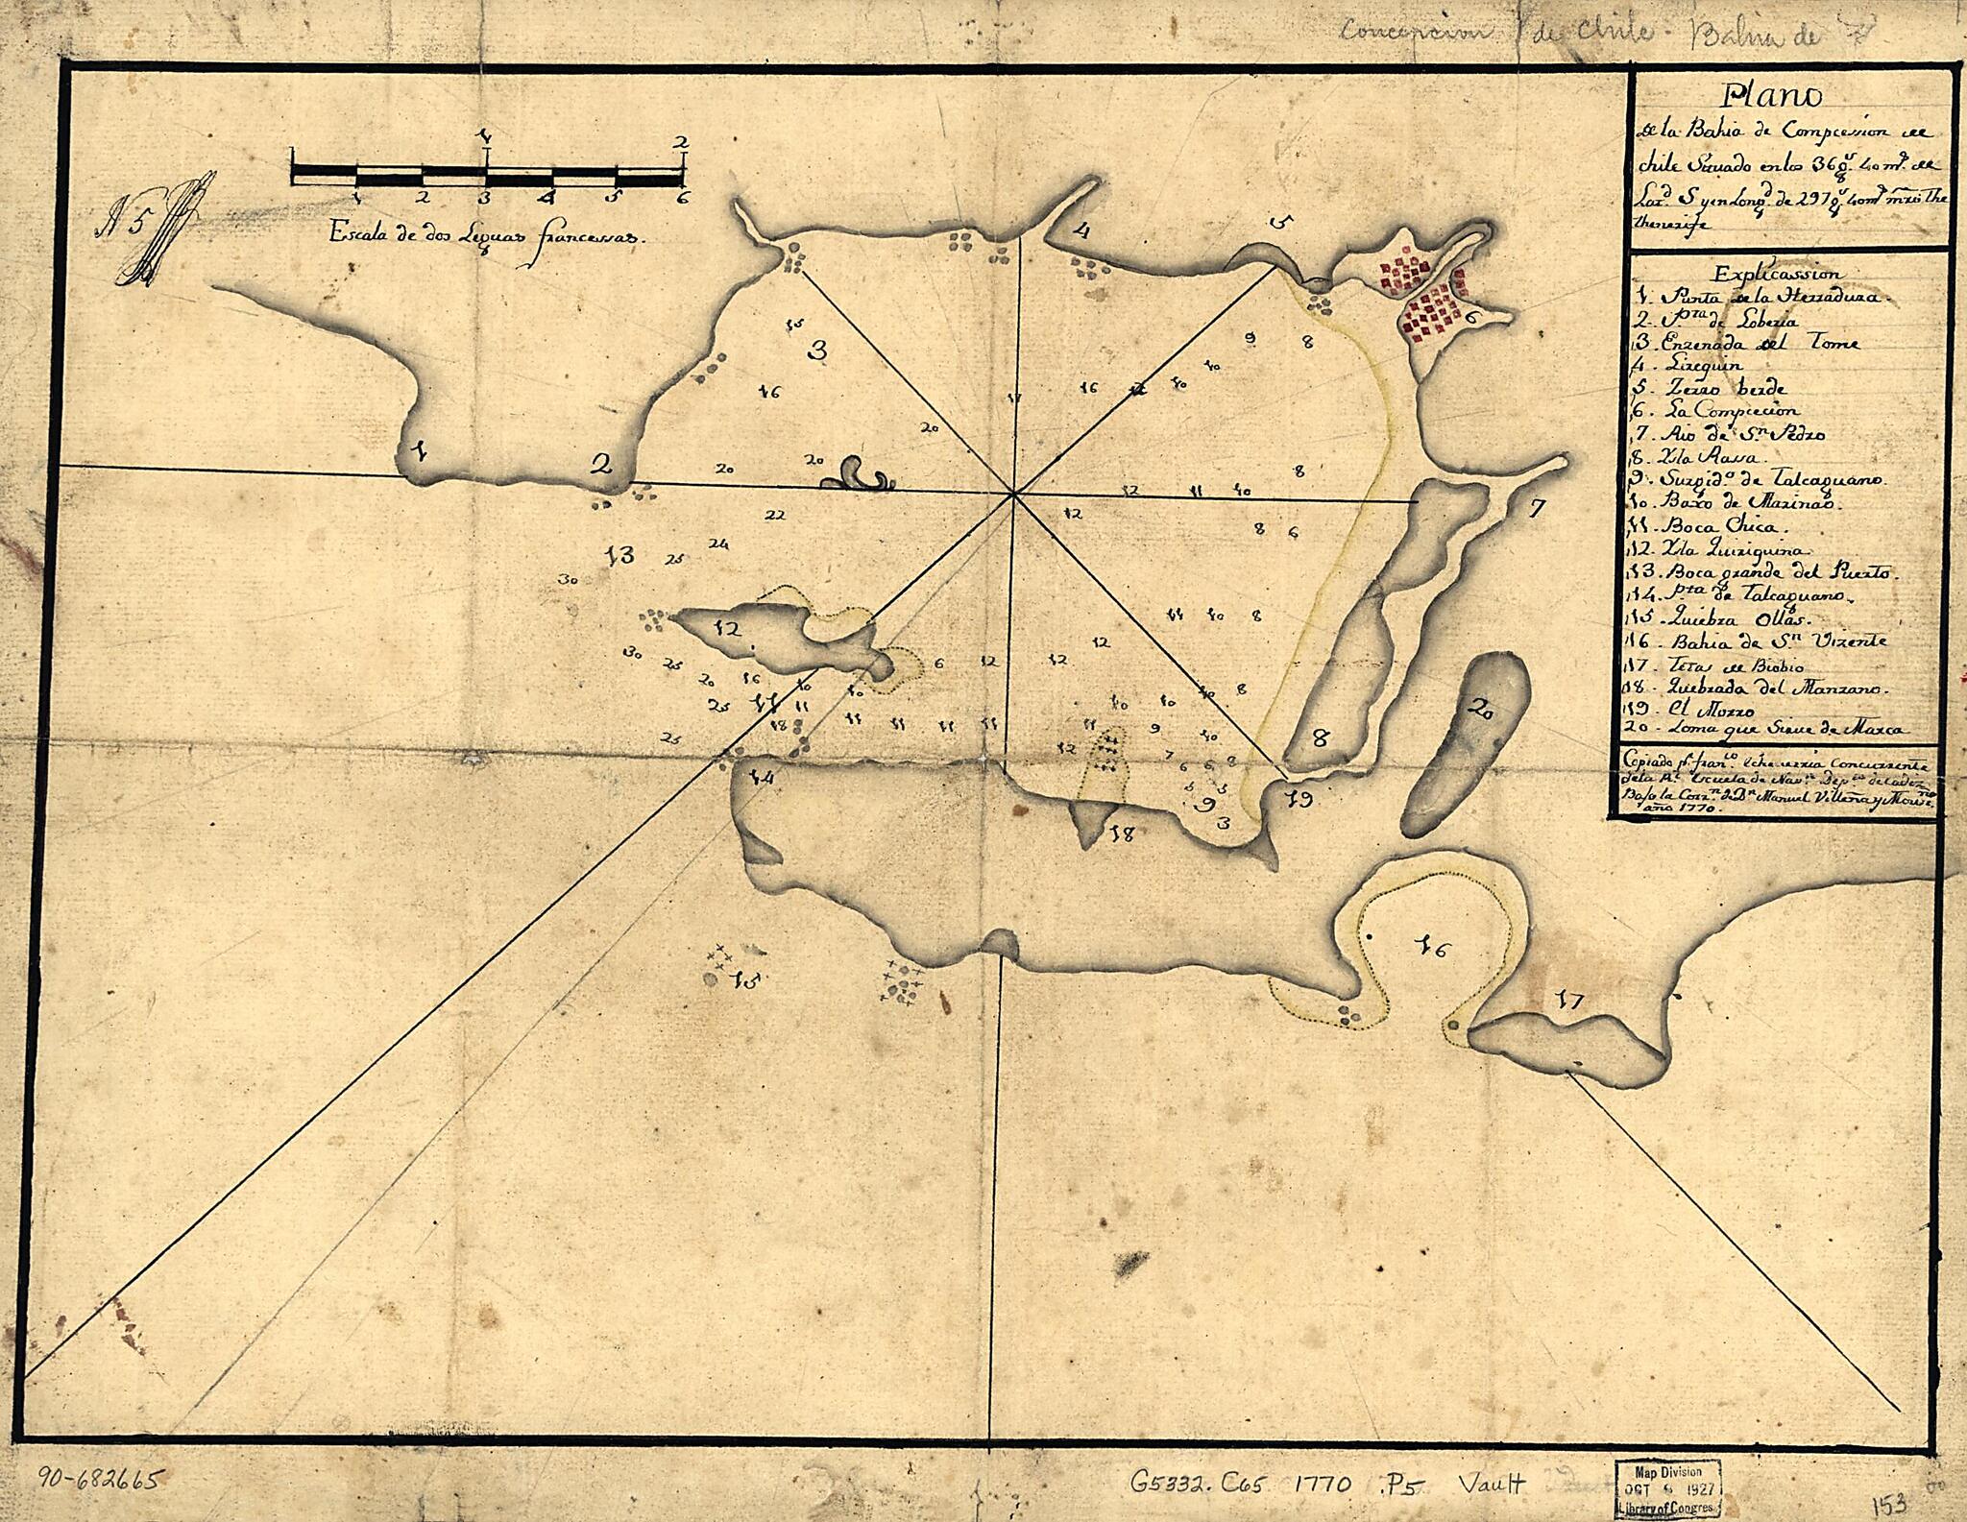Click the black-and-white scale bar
[488, 175]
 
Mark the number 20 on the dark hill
[1482, 712]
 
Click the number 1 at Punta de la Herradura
[420, 448]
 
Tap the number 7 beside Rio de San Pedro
[1537, 509]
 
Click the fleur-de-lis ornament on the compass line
[859, 474]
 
